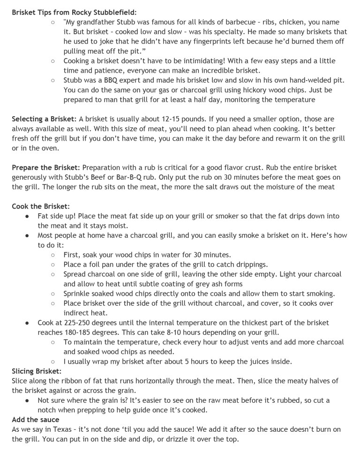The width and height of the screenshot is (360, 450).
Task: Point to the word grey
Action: point(202,285)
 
